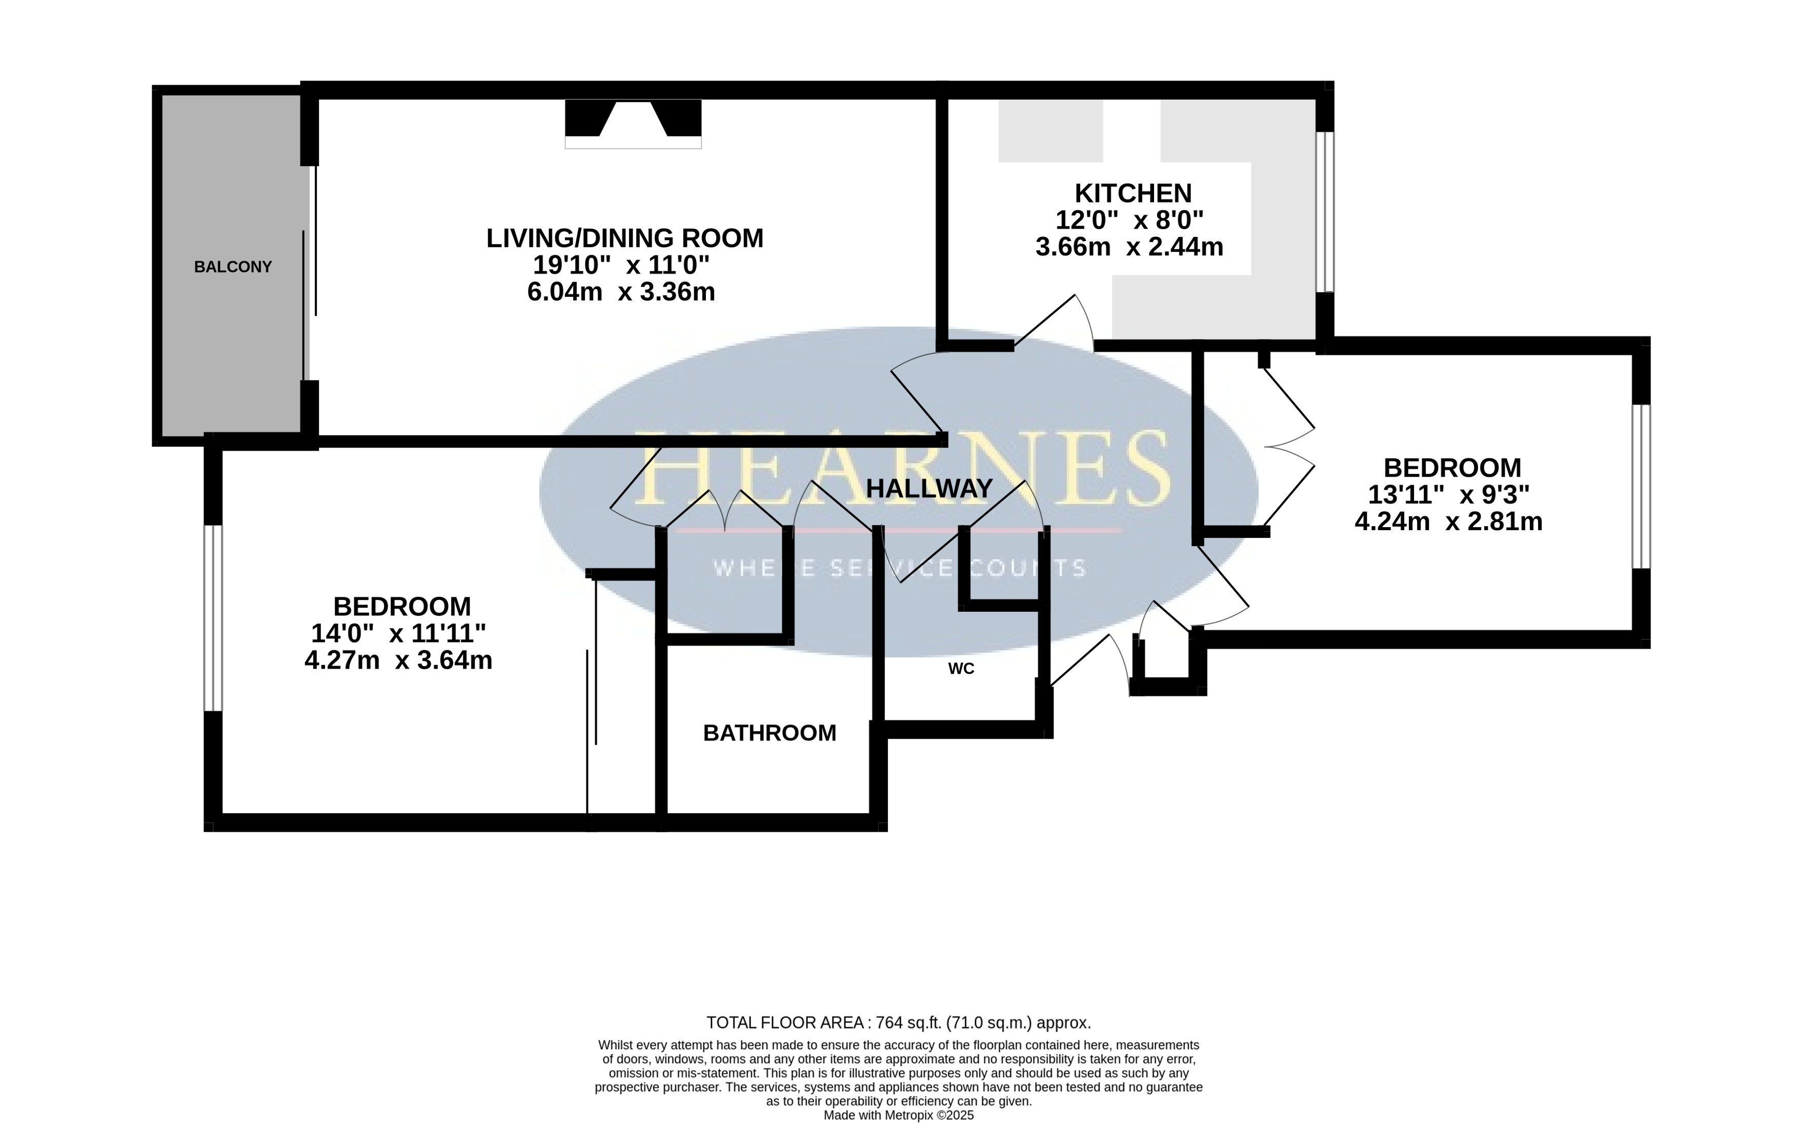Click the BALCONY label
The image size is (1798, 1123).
point(233,267)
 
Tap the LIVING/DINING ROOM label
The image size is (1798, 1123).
point(624,238)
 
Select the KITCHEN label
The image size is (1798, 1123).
point(1133,193)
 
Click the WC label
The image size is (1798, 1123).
point(961,669)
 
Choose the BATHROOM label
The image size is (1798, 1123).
point(770,733)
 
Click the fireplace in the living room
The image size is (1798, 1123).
point(633,123)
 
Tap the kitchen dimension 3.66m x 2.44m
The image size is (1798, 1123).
point(1129,247)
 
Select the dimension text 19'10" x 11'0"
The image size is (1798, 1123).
point(621,265)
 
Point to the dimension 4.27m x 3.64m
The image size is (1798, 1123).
point(399,659)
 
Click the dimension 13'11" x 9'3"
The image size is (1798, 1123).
point(1448,495)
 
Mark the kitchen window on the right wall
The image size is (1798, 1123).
point(1325,212)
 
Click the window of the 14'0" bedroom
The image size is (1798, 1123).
point(213,618)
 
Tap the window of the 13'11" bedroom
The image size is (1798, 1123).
point(1641,487)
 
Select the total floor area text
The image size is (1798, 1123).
point(898,1022)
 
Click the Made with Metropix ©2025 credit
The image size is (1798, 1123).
point(898,1115)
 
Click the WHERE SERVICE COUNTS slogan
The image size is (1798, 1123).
point(900,568)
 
